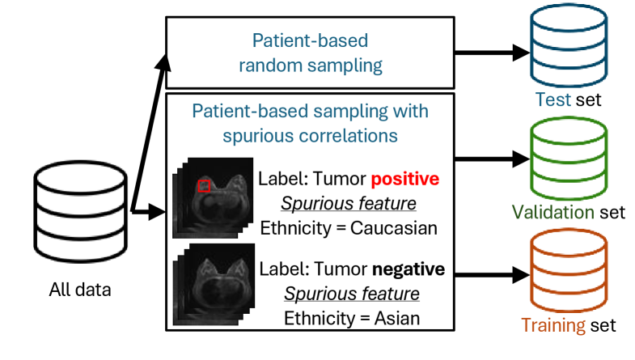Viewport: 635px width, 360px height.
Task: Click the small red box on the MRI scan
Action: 204,186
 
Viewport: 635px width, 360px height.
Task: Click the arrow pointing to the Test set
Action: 489,53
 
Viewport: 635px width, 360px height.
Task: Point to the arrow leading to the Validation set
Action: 489,159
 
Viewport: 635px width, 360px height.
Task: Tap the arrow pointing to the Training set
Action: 489,272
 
